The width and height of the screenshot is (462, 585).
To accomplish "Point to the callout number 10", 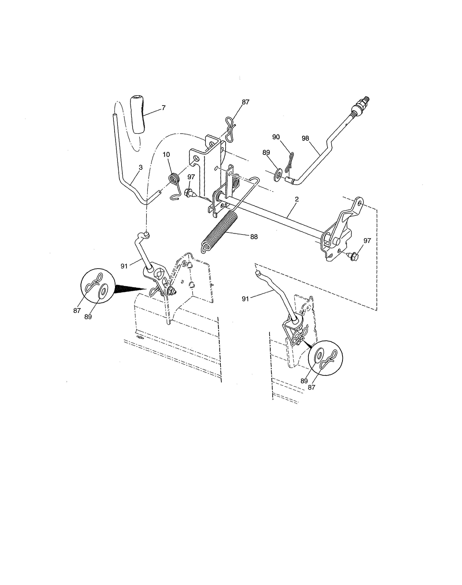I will pyautogui.click(x=166, y=155).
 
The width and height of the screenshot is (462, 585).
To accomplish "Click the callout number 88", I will pyautogui.click(x=254, y=237).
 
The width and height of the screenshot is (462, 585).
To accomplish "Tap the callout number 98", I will pyautogui.click(x=305, y=138).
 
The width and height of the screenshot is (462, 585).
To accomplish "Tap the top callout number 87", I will pyautogui.click(x=245, y=102).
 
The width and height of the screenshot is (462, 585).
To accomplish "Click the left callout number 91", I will pyautogui.click(x=124, y=266).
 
